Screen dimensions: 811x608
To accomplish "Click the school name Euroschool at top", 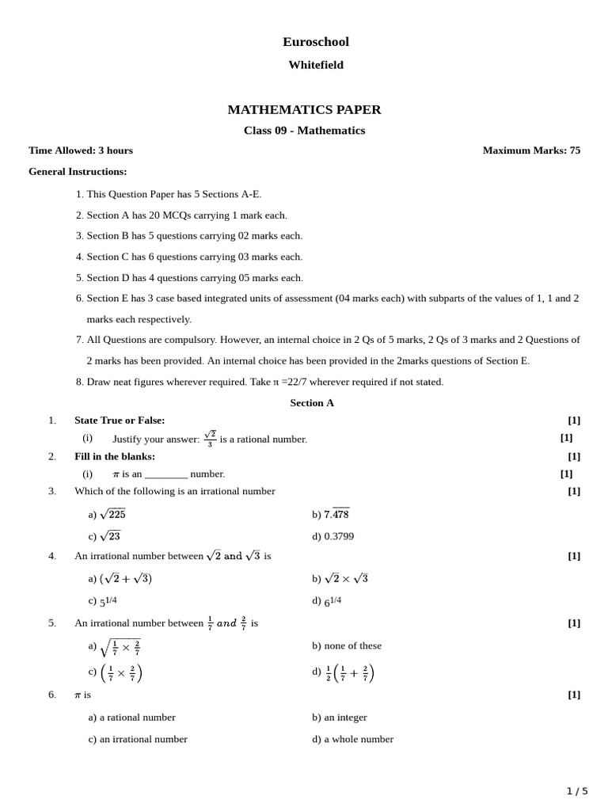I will [315, 42].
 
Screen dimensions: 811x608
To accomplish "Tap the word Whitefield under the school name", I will [315, 65].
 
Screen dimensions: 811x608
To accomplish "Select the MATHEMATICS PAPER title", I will [304, 110].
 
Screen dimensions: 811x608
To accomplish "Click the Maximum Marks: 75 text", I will [531, 150].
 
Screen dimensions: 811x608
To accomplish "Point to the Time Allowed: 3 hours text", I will [81, 150].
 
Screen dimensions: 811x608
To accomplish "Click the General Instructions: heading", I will [78, 171].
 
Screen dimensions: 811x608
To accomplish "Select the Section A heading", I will [312, 402].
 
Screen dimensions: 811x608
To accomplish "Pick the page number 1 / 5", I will [577, 791].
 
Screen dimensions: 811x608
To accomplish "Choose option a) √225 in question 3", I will [107, 514].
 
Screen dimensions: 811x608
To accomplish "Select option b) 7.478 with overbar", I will [331, 514].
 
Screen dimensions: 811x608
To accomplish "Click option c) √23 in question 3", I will [104, 536].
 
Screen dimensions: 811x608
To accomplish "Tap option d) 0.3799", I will [332, 536].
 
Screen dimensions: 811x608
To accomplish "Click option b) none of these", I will [347, 645].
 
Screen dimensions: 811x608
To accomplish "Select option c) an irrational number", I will [138, 739].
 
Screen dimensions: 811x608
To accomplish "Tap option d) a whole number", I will [352, 739].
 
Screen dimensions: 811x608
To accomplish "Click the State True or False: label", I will [120, 420].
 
